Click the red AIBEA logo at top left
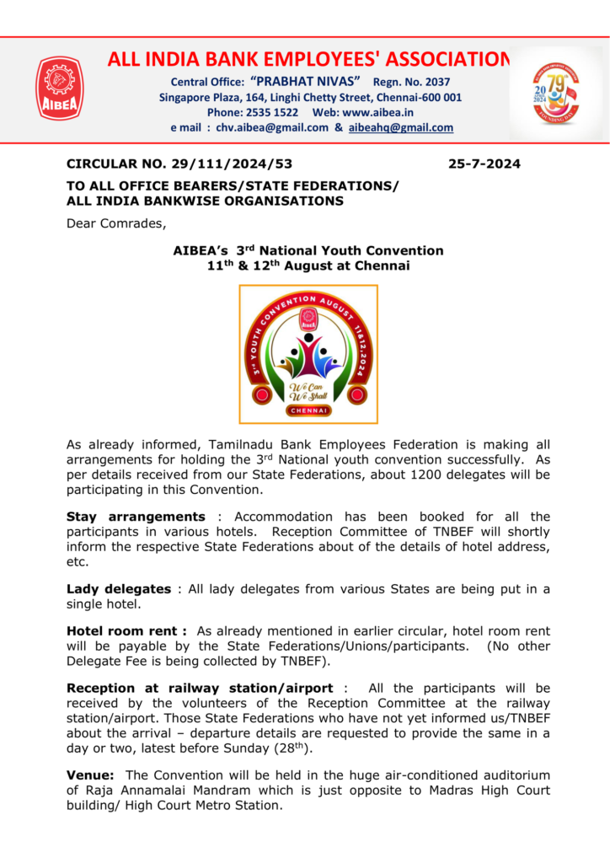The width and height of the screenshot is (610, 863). (x=59, y=88)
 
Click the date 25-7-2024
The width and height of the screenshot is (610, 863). (x=484, y=163)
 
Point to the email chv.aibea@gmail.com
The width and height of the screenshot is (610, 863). (x=272, y=128)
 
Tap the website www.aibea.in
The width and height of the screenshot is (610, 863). (x=377, y=112)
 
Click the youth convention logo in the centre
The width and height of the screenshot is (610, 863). (x=308, y=354)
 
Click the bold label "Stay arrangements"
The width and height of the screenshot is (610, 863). (x=135, y=517)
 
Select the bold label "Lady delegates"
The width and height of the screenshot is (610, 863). (x=120, y=589)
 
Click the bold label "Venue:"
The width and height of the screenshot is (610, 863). (x=90, y=775)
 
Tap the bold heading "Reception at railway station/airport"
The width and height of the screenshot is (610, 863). (x=200, y=689)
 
